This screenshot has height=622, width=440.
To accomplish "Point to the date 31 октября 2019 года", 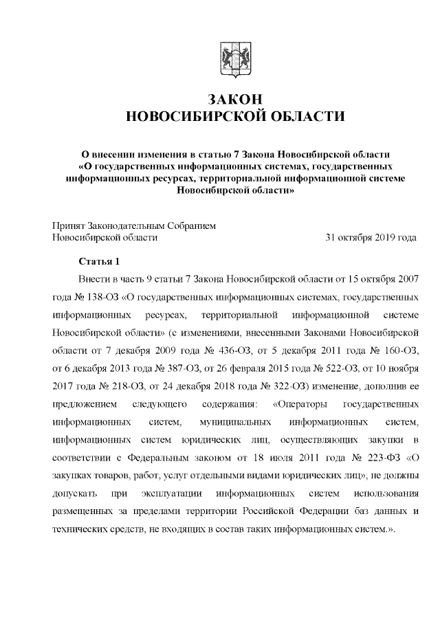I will click(371, 238).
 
